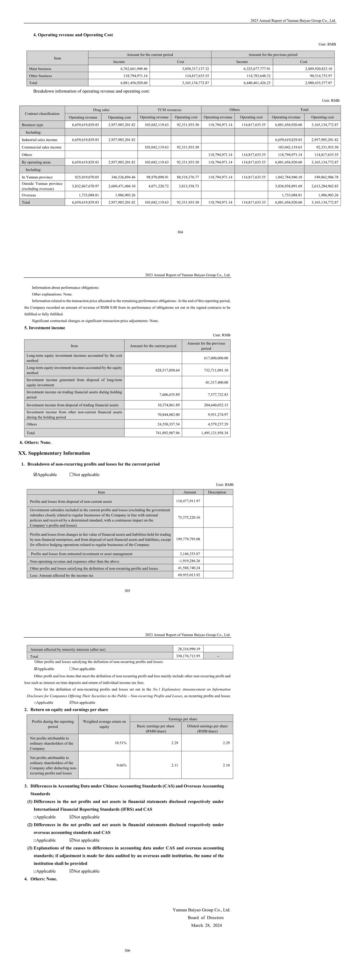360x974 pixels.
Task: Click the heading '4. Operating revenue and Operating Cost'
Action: pyautogui.click(x=73, y=35)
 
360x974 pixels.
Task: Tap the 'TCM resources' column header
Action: pyautogui.click(x=169, y=110)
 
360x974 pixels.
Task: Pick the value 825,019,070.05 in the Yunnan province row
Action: pyautogui.click(x=85, y=177)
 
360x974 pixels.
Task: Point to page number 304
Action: pyautogui.click(x=180, y=232)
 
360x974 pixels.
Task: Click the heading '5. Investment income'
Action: pyautogui.click(x=45, y=328)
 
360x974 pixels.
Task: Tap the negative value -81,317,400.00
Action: pyautogui.click(x=215, y=382)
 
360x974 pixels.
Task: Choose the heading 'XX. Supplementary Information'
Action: pyautogui.click(x=54, y=453)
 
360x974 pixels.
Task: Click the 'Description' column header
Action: pyautogui.click(x=217, y=492)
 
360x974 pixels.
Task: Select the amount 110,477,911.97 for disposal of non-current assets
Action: pyautogui.click(x=188, y=501)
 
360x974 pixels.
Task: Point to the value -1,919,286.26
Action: pyautogui.click(x=189, y=561)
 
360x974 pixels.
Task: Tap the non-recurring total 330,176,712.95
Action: pyautogui.click(x=188, y=656)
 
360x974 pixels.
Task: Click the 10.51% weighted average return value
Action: pyautogui.click(x=121, y=743)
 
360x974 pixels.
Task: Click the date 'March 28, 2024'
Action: pyautogui.click(x=206, y=926)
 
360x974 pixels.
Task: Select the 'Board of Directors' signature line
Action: pyautogui.click(x=206, y=918)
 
